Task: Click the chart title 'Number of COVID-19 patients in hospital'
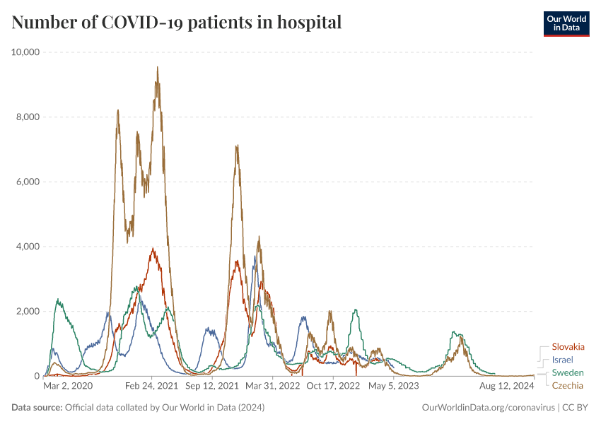tap(177, 23)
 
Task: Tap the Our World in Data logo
tap(566, 23)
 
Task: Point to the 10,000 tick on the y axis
tap(26, 52)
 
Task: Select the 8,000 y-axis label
tap(28, 117)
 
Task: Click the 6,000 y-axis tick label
tap(28, 182)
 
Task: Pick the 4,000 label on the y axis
tap(28, 247)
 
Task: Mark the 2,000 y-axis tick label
tap(28, 312)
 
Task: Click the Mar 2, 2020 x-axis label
tap(68, 387)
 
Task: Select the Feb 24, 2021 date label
tap(152, 387)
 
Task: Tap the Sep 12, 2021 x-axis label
tap(212, 387)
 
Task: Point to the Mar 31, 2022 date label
tap(273, 387)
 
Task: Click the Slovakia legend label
tap(568, 347)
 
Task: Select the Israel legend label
tap(564, 360)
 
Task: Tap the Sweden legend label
tap(567, 372)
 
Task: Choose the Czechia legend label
tap(568, 385)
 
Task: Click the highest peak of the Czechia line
tap(157, 67)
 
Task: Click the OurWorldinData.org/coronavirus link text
tap(487, 408)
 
